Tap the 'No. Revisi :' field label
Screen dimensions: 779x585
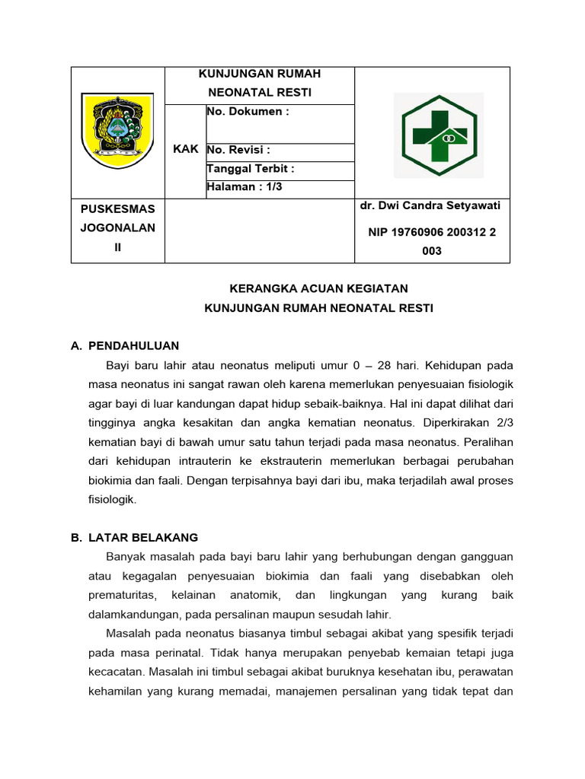[x=238, y=150]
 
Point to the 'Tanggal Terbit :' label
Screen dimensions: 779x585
[x=250, y=169]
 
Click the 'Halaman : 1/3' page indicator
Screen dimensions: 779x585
[x=245, y=187]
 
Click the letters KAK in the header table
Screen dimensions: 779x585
[x=185, y=149]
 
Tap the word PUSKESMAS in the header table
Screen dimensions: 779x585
[x=118, y=208]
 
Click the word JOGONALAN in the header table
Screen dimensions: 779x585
[x=118, y=227]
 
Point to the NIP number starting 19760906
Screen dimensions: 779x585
[x=432, y=233]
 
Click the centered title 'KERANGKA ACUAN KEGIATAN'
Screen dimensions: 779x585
[x=319, y=289]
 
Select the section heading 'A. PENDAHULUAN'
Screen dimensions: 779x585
[x=125, y=346]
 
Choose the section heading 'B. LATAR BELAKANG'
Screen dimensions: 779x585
[x=134, y=538]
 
